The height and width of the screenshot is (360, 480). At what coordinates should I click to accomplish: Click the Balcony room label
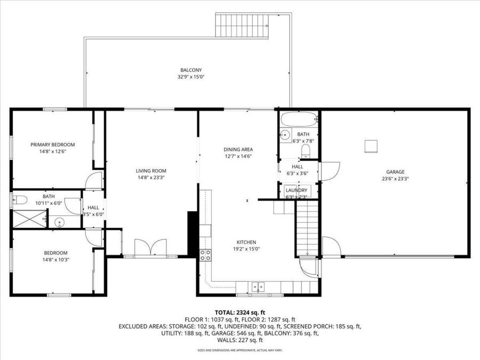coord(191,70)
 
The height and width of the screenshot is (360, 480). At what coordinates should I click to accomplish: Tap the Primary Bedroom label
coord(52,145)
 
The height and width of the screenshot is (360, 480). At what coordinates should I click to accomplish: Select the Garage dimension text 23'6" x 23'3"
coord(395,179)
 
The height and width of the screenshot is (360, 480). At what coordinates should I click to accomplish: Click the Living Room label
coord(151,171)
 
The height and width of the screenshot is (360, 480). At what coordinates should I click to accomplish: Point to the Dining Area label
coord(238,149)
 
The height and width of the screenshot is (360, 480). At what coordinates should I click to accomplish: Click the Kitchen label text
coord(246,242)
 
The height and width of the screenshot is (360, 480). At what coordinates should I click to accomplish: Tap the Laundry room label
coord(296,190)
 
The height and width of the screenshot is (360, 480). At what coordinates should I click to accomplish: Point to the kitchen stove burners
coord(205,254)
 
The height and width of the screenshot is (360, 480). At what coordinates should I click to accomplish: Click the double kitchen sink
coord(258,287)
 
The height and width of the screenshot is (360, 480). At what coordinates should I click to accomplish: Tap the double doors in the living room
coord(151,249)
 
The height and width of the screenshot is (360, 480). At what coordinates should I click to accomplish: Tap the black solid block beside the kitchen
coord(193,234)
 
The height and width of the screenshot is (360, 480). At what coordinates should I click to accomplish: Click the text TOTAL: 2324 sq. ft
coord(239,313)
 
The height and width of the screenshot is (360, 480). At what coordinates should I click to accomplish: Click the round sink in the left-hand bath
coord(60,222)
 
